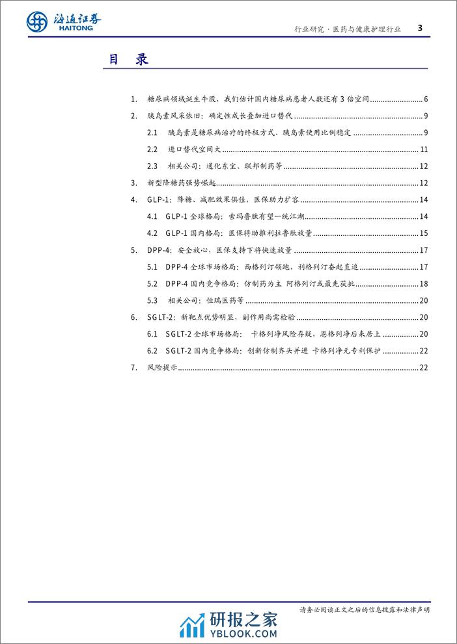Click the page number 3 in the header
point(419,27)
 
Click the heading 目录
point(128,60)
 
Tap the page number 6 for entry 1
point(424,99)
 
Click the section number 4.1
point(153,216)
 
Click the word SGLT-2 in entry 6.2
point(179,350)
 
